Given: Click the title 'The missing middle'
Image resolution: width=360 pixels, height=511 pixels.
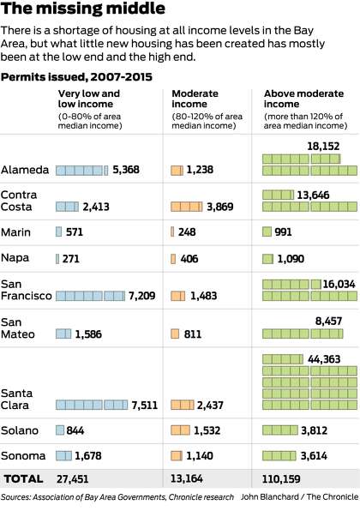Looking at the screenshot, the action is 83,9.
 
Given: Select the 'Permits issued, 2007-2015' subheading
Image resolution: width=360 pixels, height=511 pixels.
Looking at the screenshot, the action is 76,77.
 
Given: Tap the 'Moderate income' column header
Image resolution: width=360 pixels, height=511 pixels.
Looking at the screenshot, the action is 195,99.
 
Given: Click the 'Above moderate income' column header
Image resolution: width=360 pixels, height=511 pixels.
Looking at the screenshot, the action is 303,99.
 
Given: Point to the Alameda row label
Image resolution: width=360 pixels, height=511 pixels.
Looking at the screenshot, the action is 25,170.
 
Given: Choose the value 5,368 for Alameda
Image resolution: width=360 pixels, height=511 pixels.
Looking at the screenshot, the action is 126,170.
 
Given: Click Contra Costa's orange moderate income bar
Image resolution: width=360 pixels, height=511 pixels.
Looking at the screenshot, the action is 186,207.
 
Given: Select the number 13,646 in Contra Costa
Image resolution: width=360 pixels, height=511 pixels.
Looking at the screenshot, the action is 313,195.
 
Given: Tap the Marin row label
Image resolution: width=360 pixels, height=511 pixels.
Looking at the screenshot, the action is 15,232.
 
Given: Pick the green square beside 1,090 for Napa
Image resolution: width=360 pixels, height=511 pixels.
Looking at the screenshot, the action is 267,259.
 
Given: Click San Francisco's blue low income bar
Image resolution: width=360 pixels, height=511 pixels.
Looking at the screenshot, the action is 90,296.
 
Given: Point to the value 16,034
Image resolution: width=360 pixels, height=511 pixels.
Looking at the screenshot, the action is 339,284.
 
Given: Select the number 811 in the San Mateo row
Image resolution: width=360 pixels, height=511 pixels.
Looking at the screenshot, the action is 193,334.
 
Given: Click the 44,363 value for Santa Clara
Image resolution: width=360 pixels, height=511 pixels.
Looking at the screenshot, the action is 324,359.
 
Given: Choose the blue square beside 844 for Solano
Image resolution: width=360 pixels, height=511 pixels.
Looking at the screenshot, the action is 60,430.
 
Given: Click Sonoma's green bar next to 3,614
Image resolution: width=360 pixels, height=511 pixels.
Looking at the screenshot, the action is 279,455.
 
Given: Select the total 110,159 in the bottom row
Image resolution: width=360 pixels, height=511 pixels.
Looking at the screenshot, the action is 281,479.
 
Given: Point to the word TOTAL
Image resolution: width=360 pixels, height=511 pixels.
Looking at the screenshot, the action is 23,479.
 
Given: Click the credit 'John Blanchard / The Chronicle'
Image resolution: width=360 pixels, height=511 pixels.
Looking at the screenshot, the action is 299,497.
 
